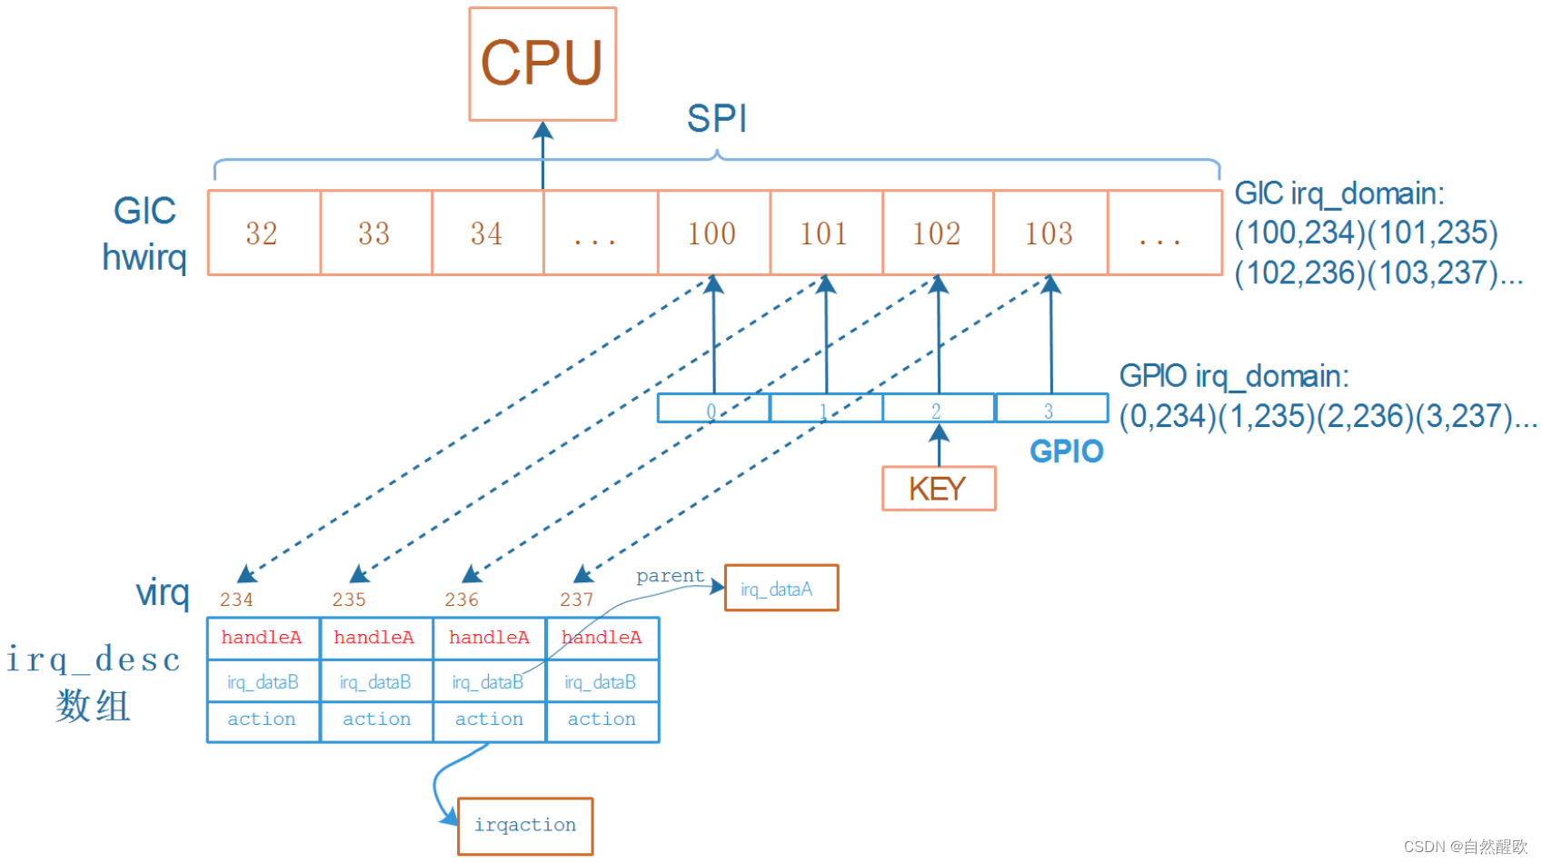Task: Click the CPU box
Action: tap(542, 64)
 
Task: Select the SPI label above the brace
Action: tap(716, 118)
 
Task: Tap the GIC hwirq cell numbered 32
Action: tap(263, 233)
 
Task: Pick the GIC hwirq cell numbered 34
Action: tap(487, 233)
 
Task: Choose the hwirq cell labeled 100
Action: tap(712, 233)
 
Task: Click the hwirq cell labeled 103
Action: tap(1050, 233)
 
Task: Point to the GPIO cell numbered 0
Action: tap(713, 409)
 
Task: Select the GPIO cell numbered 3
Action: tap(1050, 409)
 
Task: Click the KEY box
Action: tap(938, 489)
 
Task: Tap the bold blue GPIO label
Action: tap(1066, 451)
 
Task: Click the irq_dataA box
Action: tap(781, 589)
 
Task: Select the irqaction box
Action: tap(525, 825)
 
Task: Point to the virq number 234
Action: tap(236, 600)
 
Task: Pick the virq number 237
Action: tap(577, 600)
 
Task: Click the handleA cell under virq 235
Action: tap(374, 638)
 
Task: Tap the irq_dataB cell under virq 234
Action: tap(263, 682)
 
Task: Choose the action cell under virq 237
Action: tap(602, 719)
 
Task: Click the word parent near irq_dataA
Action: tap(670, 576)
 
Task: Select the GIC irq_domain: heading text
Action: tap(1338, 193)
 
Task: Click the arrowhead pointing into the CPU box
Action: tap(542, 130)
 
